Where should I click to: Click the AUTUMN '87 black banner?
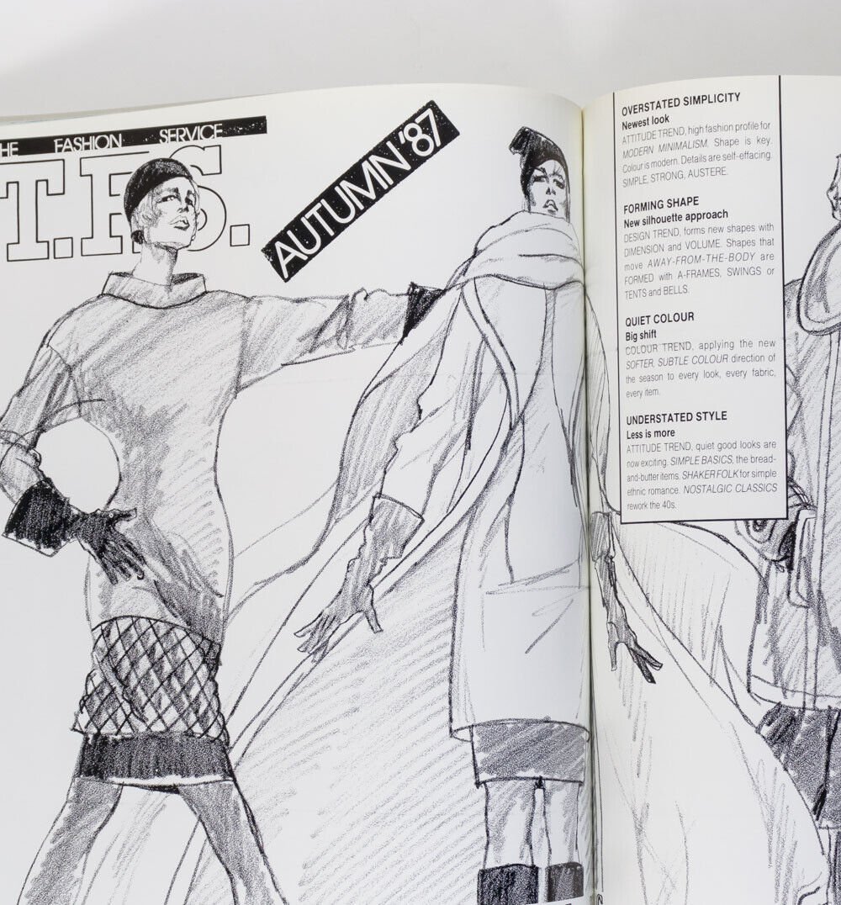point(360,191)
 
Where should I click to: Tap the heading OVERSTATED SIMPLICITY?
point(680,98)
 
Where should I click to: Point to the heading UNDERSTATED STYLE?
point(674,417)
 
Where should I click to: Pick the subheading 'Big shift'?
point(640,335)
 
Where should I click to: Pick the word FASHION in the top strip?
point(87,143)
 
